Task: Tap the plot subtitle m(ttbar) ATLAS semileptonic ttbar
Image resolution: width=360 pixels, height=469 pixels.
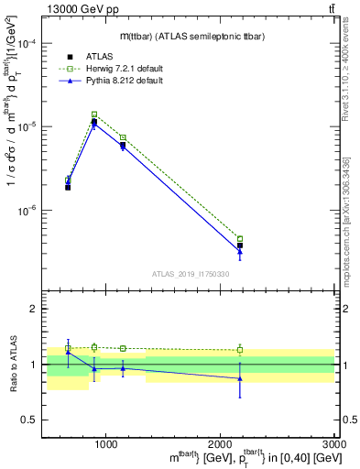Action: (x=190, y=35)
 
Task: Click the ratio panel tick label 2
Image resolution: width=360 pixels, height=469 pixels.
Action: (x=34, y=309)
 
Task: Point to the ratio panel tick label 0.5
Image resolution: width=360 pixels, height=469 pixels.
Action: (x=29, y=420)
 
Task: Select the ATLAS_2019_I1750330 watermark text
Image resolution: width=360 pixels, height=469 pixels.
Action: (x=191, y=274)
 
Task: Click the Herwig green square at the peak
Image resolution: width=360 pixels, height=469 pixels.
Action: (x=94, y=115)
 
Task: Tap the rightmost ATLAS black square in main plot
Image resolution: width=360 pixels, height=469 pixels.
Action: (x=240, y=245)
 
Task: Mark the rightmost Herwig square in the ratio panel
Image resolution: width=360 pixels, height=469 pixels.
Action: (x=240, y=350)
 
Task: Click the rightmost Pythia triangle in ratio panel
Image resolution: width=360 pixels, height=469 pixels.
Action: (x=240, y=377)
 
